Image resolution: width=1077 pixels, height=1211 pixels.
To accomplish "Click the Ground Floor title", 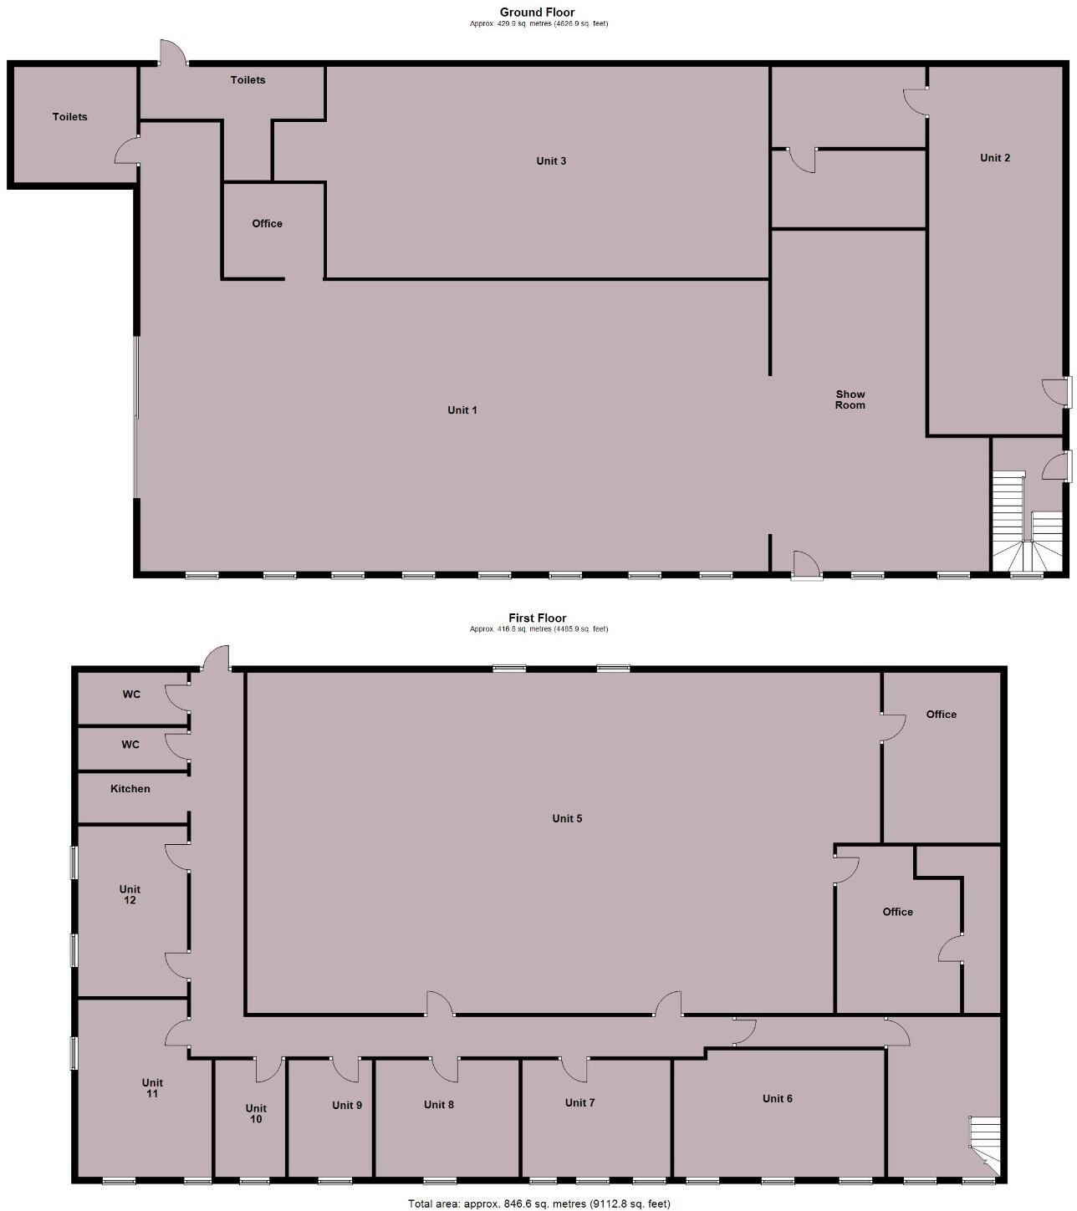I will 537,13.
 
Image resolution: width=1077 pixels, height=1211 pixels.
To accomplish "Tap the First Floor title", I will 537,618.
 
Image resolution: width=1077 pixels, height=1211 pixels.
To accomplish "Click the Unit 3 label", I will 551,160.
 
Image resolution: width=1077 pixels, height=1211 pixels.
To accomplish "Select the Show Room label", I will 850,399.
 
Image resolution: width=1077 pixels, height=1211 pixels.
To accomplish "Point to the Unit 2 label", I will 994,158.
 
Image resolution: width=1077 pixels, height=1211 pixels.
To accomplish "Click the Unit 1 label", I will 462,410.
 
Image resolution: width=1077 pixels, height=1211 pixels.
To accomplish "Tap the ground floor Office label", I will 267,224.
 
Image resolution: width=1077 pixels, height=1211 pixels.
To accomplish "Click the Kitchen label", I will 130,789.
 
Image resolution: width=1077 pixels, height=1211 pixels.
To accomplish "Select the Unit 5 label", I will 567,818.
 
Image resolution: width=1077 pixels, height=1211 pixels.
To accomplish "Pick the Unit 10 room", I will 255,1120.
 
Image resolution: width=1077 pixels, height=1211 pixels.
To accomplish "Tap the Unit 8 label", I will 439,1105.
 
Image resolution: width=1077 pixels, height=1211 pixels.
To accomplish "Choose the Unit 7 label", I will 579,1103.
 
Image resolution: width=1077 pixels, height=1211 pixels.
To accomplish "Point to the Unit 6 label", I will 777,1099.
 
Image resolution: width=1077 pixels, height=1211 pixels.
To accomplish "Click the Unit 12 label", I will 130,894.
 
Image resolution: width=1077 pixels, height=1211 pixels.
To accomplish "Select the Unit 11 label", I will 152,1088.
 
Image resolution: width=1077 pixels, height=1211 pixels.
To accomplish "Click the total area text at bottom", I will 538,1203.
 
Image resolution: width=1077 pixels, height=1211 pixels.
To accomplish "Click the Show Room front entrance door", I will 806,566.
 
